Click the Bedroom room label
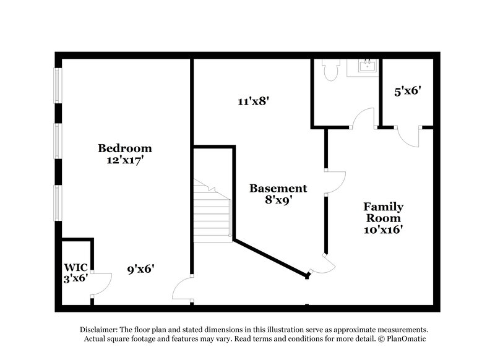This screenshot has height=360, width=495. click(x=125, y=148)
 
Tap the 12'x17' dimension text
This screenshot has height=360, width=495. click(x=125, y=160)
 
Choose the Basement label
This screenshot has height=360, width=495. click(x=278, y=188)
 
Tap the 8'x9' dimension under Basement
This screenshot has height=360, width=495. click(x=278, y=199)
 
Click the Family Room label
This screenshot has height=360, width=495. click(x=383, y=212)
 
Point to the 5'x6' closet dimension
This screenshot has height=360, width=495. click(x=408, y=91)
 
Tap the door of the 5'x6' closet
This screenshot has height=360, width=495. click(x=408, y=136)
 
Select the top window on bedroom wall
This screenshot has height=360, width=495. click(x=58, y=85)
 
